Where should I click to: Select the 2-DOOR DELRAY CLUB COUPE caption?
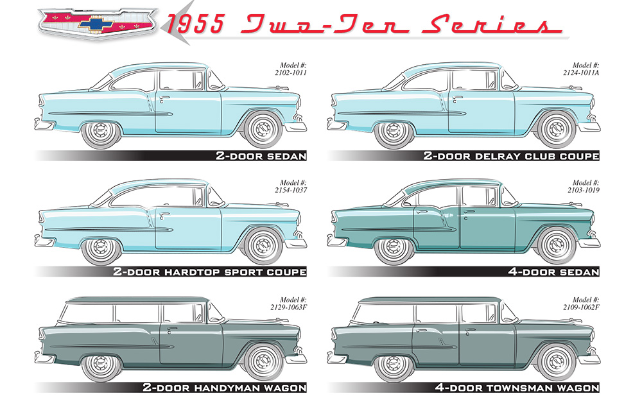[x=511, y=156]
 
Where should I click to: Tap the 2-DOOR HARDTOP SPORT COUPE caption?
[x=209, y=272]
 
